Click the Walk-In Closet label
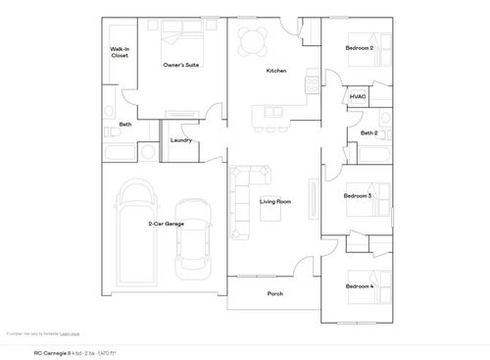120,52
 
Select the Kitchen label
275,72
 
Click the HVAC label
358,97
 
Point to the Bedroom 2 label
360,47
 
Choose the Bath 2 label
368,132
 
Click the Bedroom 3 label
358,195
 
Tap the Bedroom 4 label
360,285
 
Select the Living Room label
276,202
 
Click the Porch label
275,293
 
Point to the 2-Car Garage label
166,224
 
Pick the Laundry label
180,140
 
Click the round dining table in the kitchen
254,40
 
